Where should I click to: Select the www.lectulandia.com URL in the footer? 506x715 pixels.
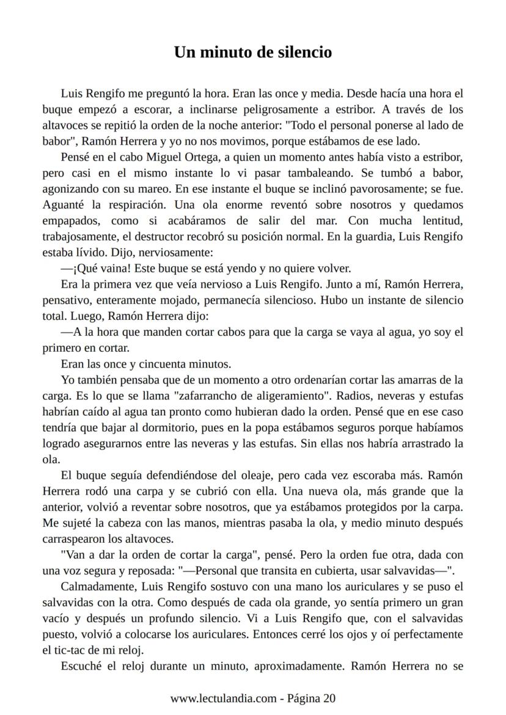pos(223,699)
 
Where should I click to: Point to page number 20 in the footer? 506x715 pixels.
pos(329,699)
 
